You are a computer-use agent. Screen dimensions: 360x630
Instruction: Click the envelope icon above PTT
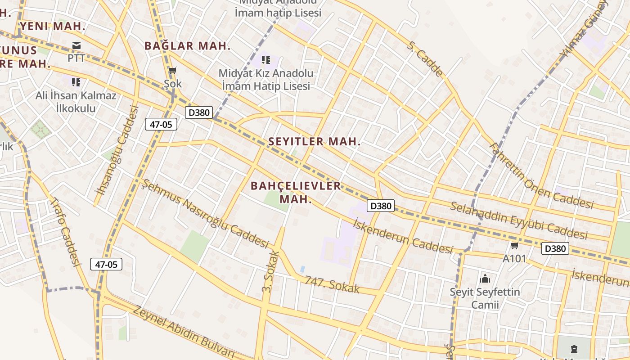pyautogui.click(x=76, y=45)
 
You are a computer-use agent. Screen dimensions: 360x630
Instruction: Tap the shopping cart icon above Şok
pyautogui.click(x=172, y=71)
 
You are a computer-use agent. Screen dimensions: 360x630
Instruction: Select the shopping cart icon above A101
pyautogui.click(x=514, y=246)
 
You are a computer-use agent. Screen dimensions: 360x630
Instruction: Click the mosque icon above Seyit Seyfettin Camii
pyautogui.click(x=485, y=279)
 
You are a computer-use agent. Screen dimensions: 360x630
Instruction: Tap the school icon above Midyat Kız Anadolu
pyautogui.click(x=266, y=59)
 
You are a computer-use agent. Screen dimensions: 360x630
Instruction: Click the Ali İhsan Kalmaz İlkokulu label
pyautogui.click(x=76, y=102)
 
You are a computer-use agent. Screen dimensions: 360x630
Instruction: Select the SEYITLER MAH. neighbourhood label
pyautogui.click(x=315, y=141)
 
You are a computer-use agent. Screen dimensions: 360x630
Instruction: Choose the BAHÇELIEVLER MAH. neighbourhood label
pyautogui.click(x=296, y=192)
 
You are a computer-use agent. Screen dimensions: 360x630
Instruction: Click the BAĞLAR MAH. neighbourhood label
pyautogui.click(x=188, y=45)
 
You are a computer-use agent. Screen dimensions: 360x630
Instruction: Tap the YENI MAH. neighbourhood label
pyautogui.click(x=53, y=26)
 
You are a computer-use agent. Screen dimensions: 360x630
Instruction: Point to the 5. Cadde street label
pyautogui.click(x=425, y=58)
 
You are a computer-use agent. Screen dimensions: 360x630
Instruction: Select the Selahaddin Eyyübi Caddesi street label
pyautogui.click(x=518, y=221)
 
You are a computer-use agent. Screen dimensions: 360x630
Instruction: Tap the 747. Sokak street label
pyautogui.click(x=332, y=284)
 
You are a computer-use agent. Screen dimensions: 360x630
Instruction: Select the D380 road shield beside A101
pyautogui.click(x=555, y=248)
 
